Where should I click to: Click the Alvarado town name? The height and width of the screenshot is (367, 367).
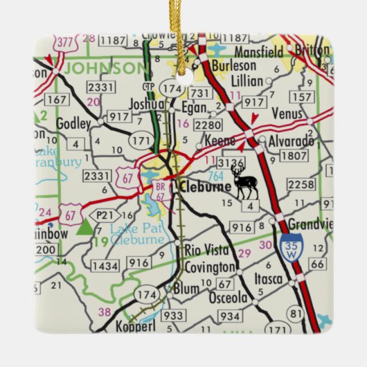pyautogui.click(x=291, y=141)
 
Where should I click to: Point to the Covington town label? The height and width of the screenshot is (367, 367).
pyautogui.click(x=210, y=268)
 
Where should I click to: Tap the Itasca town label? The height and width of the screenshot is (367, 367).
pyautogui.click(x=268, y=278)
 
